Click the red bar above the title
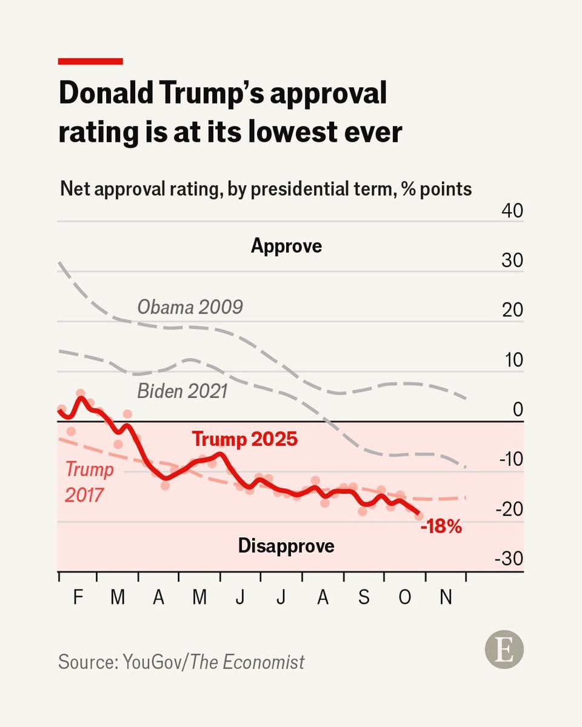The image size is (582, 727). pyautogui.click(x=90, y=61)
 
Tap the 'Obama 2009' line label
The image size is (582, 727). pyautogui.click(x=190, y=307)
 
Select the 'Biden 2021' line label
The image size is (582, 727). pyautogui.click(x=182, y=391)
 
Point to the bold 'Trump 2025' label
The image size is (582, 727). pyautogui.click(x=244, y=439)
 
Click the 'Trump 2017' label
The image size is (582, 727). pyautogui.click(x=85, y=482)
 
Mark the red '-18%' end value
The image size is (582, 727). pyautogui.click(x=441, y=527)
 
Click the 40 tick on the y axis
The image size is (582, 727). pyautogui.click(x=512, y=211)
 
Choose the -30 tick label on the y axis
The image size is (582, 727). pyautogui.click(x=508, y=559)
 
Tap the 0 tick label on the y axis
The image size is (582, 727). pyautogui.click(x=517, y=410)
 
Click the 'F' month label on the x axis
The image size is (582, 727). pyautogui.click(x=78, y=597)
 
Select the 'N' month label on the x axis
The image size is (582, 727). pyautogui.click(x=446, y=597)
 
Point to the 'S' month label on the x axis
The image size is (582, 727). pyautogui.click(x=364, y=597)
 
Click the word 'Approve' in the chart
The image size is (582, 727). pyautogui.click(x=286, y=247)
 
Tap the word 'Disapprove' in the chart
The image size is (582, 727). pyautogui.click(x=286, y=546)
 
